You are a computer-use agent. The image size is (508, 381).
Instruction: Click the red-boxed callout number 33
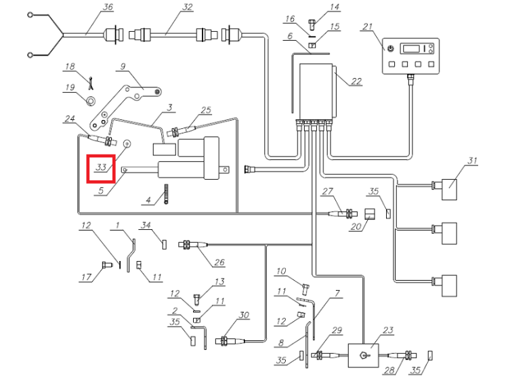pos(101,167)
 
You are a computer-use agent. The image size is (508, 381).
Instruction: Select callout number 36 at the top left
pos(108,7)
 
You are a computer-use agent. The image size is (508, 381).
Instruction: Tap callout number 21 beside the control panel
pos(368,26)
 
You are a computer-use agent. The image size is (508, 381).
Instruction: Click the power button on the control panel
pos(391,49)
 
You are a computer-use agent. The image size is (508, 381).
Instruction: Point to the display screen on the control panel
pos(412,49)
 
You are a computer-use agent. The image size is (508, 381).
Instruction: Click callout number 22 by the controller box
pos(356,81)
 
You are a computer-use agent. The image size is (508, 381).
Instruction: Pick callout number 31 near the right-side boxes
pos(473,161)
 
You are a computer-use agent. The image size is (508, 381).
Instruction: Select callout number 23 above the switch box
pos(388,330)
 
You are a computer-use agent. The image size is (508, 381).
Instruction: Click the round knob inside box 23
pos(363,356)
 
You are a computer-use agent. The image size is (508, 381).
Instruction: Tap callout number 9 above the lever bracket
pos(123,66)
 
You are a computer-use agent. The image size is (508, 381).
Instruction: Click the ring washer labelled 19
pos(91,102)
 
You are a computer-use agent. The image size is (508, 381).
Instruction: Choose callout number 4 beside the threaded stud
pos(148,200)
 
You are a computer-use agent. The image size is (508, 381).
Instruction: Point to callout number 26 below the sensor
pos(219,262)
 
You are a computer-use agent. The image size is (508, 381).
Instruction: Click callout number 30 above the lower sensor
pos(244,315)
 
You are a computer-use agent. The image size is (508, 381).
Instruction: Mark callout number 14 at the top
pos(335,7)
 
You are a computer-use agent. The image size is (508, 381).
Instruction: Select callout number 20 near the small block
pos(356,226)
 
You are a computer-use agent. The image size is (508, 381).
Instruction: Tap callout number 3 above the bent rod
pos(170,107)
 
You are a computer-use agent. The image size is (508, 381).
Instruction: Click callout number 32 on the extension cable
pos(188,7)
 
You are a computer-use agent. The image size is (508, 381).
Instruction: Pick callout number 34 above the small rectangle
pos(146,224)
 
